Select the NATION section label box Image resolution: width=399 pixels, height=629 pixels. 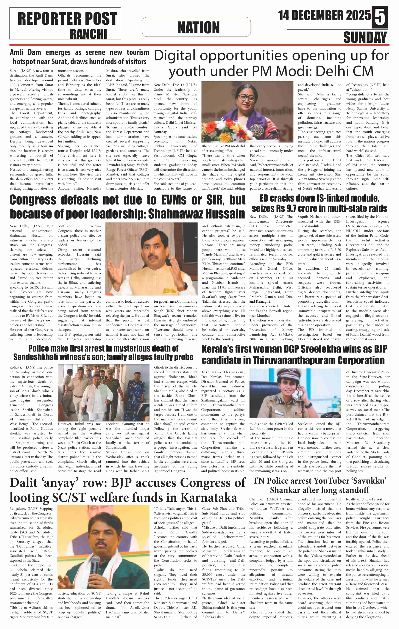point(196,27)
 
